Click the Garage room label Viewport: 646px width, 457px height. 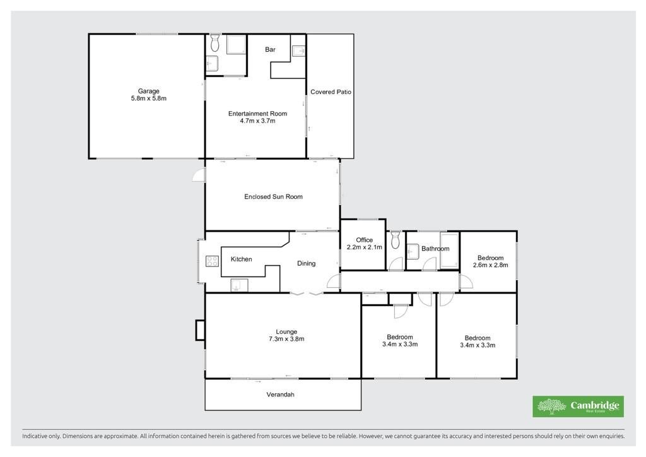pos(149,91)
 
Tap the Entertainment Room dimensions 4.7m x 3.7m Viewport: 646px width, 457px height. pos(257,121)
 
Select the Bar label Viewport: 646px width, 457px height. pos(270,49)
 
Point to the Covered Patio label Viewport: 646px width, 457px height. pos(331,92)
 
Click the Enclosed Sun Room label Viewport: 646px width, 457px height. pos(273,196)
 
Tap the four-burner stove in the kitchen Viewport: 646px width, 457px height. pos(212,261)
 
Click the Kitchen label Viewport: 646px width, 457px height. pos(241,259)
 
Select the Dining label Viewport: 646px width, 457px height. pos(306,263)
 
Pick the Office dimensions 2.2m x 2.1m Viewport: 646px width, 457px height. pos(364,247)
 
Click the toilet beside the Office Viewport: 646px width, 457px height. pos(395,240)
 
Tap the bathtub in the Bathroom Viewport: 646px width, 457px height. pos(449,251)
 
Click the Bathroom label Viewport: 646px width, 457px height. pos(435,249)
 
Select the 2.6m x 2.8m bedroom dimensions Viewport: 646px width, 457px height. pos(490,265)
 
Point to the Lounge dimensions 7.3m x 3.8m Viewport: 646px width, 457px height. pos(286,339)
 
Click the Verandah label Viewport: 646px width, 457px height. pos(280,395)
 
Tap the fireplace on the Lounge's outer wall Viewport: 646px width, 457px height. pos(200,330)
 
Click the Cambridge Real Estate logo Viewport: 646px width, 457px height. pos(578,407)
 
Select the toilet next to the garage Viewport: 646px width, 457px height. pos(215,43)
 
